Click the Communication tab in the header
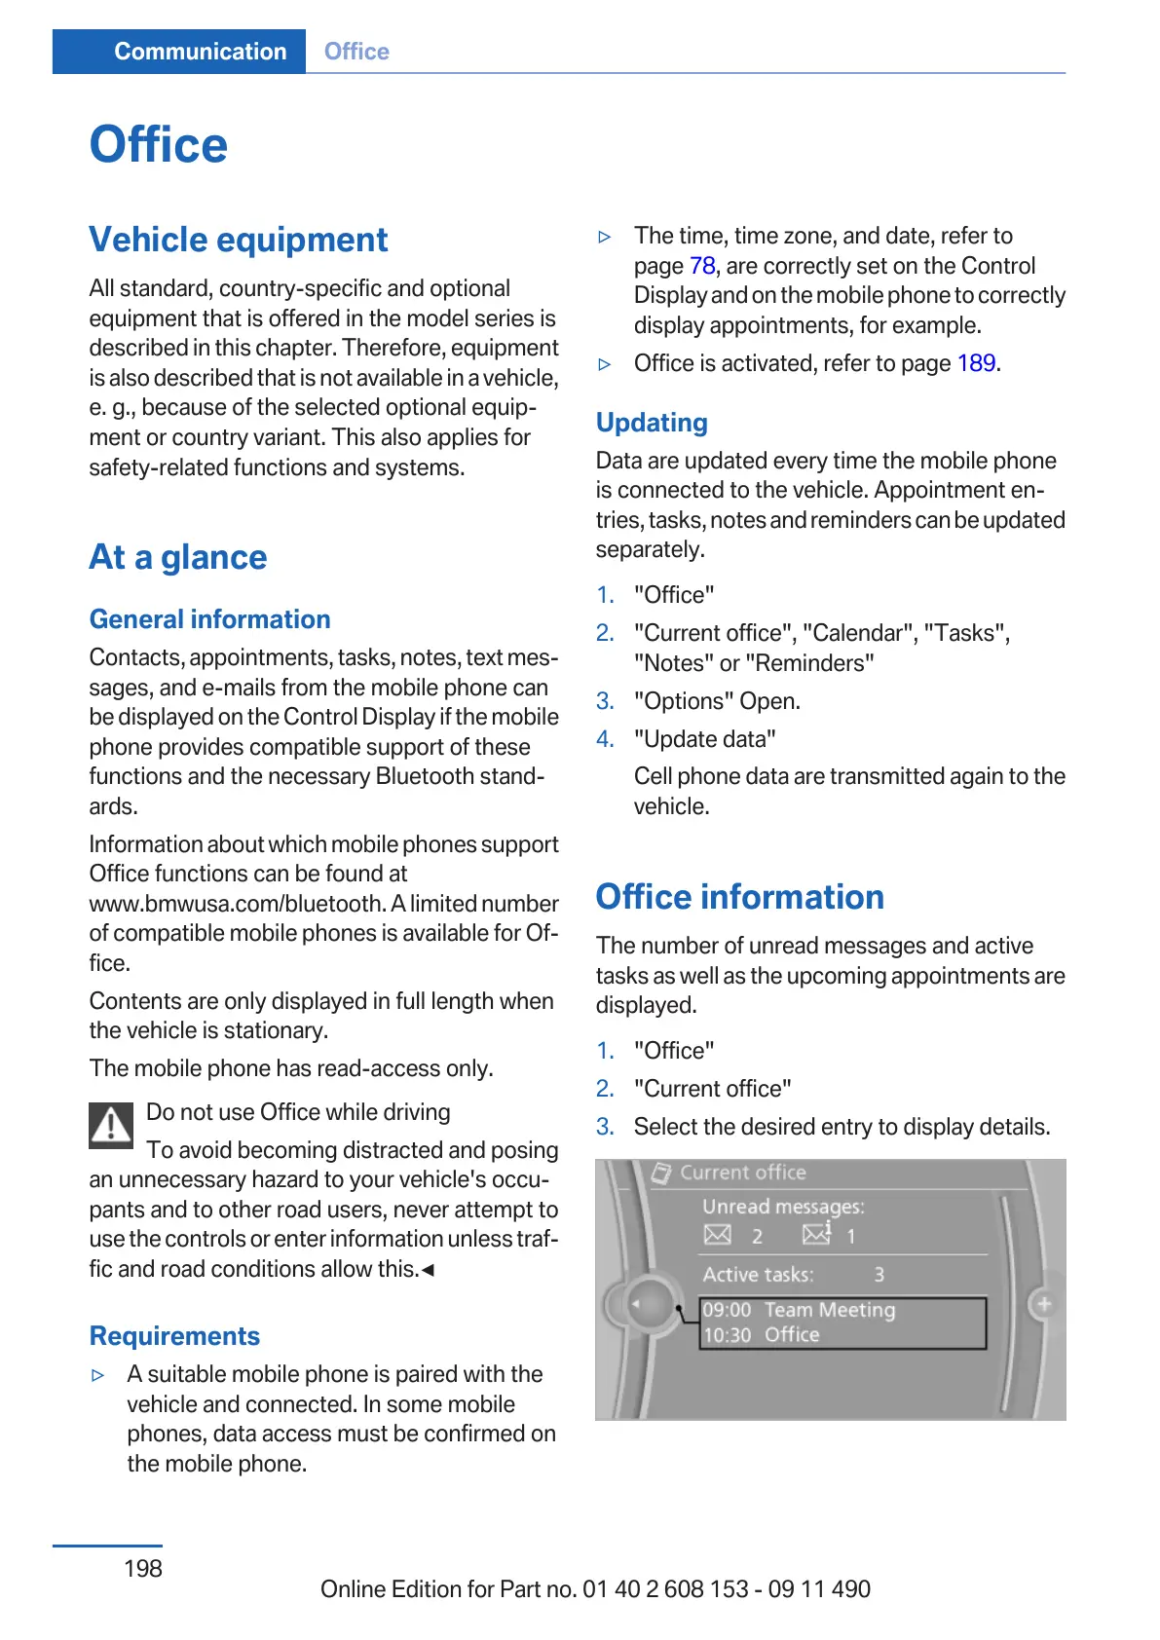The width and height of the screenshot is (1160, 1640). coord(200,52)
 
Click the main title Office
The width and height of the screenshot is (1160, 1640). coord(159,145)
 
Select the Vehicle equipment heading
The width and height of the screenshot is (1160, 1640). coord(239,240)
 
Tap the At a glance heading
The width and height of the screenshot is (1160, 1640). coord(178,557)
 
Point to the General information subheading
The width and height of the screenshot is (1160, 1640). coord(210,619)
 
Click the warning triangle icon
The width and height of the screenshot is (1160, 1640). coord(112,1125)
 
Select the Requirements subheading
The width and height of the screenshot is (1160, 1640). coord(175,1336)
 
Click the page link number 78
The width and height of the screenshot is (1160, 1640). coord(702,266)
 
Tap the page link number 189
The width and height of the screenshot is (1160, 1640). coord(976,363)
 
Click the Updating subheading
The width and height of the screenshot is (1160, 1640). coord(652,423)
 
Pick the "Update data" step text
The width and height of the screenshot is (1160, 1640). coord(705,739)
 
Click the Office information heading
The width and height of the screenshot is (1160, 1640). coord(740,897)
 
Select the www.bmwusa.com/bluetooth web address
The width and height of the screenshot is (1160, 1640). coord(237,904)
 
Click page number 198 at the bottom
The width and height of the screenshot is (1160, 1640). coord(143,1568)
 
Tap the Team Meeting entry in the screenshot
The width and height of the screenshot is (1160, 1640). coord(829,1310)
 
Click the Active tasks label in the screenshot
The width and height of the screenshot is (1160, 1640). coord(758,1275)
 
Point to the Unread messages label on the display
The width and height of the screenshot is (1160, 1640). coord(783,1207)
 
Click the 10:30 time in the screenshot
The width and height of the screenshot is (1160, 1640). coord(727,1335)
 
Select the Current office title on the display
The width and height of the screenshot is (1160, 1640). coord(742,1173)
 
